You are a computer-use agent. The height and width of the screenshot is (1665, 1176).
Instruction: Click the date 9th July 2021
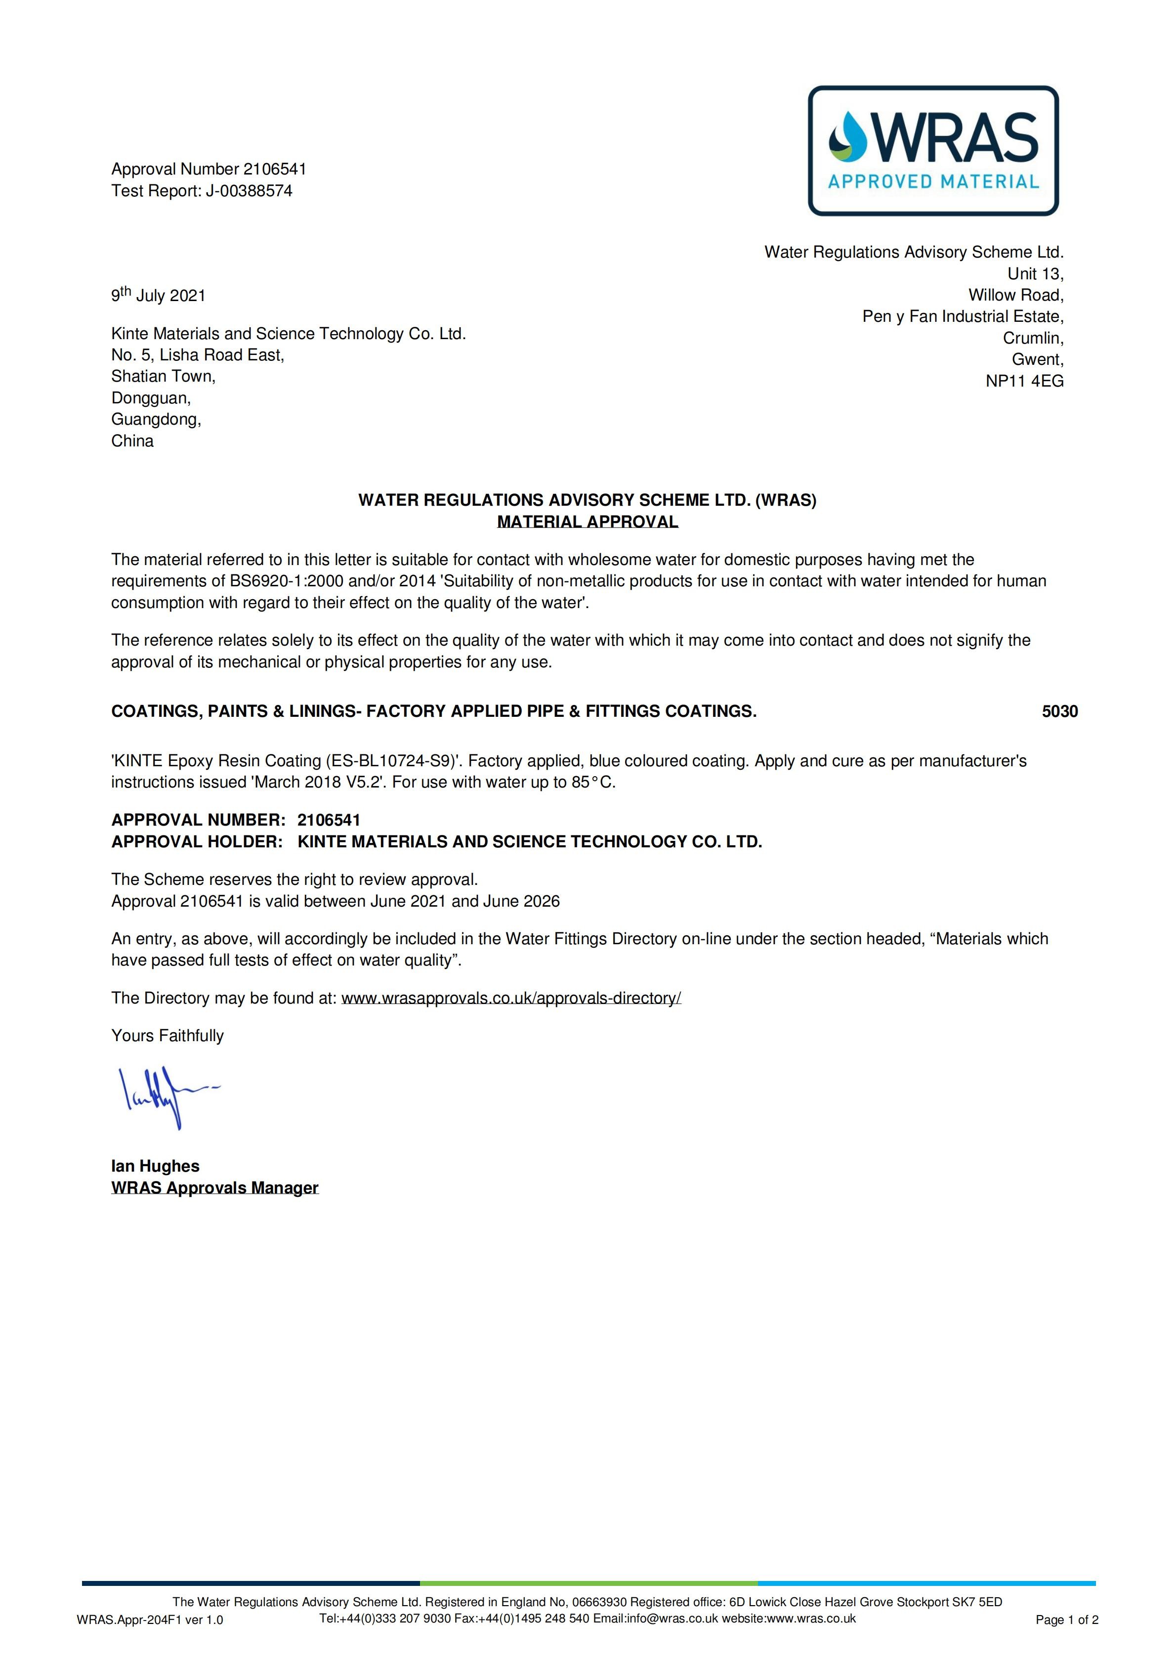click(158, 295)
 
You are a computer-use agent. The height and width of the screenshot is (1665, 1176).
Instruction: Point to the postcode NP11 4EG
click(1024, 382)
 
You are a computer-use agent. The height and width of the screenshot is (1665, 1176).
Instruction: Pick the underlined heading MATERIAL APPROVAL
click(588, 522)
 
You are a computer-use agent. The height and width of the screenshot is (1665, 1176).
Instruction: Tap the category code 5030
click(1059, 711)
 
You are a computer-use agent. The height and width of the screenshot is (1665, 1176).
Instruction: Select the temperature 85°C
click(593, 783)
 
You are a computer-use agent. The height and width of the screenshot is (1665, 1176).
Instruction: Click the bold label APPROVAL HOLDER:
click(197, 841)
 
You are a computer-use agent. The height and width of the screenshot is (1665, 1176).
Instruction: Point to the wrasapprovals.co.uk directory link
click(510, 998)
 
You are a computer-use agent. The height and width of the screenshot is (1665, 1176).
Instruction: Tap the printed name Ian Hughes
click(155, 1166)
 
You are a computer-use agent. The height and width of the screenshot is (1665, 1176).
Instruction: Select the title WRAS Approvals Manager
click(214, 1188)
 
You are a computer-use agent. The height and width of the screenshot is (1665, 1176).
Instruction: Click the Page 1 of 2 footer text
click(1066, 1620)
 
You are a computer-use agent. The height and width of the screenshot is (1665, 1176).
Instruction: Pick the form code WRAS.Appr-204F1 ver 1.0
click(150, 1620)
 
